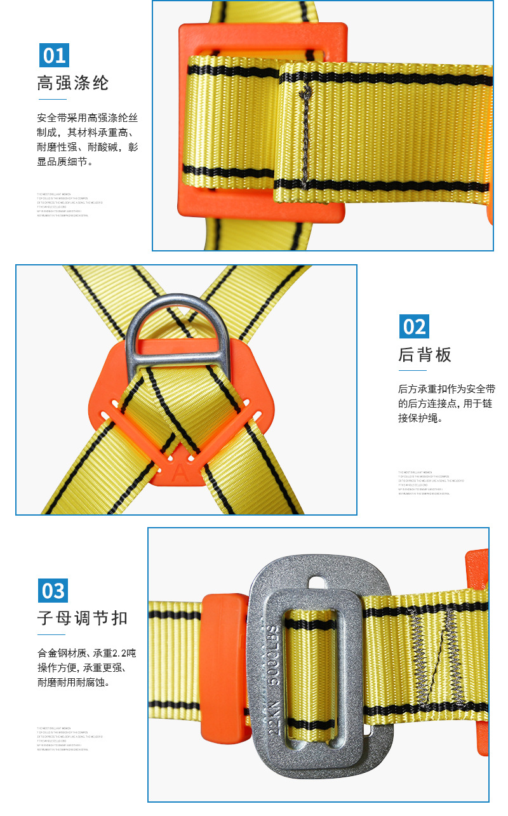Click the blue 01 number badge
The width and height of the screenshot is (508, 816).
coord(53,55)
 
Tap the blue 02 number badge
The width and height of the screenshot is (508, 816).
coord(414,326)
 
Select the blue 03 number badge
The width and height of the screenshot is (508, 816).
coord(53,591)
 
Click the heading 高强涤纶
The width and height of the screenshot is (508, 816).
coord(73,83)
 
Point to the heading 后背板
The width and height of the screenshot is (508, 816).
coord(425,354)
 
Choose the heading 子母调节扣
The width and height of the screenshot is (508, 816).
coord(83,618)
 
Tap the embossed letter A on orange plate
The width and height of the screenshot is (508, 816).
coord(181,472)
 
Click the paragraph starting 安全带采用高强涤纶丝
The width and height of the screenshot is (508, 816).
coord(87,140)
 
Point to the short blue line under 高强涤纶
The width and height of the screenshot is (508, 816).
coord(51,100)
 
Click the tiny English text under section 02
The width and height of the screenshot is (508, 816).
coord(431,483)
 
